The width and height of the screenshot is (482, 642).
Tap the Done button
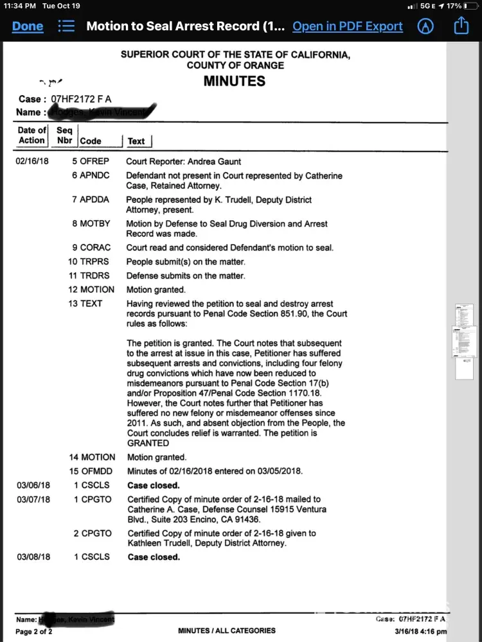click(28, 26)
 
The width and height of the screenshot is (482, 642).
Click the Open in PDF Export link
click(347, 26)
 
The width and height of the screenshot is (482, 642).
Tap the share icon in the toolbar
click(461, 26)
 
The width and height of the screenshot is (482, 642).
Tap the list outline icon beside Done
click(66, 26)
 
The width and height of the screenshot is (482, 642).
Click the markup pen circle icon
click(425, 26)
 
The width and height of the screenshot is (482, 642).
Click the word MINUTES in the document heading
click(235, 82)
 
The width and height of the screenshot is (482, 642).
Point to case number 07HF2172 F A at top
click(81, 100)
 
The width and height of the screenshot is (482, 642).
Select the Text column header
click(136, 141)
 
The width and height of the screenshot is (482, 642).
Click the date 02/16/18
click(32, 162)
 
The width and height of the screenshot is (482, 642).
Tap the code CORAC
click(95, 248)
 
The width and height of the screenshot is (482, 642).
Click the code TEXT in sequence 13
click(91, 304)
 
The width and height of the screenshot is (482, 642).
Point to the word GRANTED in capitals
click(148, 443)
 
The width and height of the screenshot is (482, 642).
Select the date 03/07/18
click(33, 499)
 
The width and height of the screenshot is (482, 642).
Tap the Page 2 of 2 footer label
click(34, 632)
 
